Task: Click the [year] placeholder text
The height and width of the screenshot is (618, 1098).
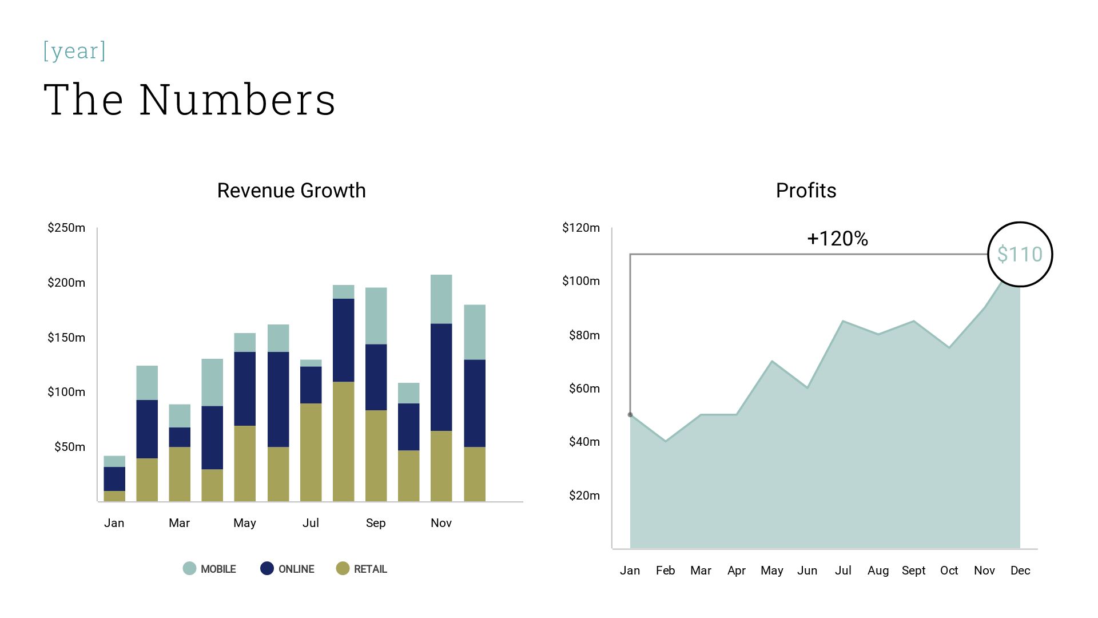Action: [x=74, y=51]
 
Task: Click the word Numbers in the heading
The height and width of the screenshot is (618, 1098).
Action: [x=237, y=100]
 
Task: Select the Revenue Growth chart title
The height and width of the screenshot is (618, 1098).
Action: [x=291, y=191]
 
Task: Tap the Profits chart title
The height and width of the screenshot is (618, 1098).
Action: [x=806, y=191]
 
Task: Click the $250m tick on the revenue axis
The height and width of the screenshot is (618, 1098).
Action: [x=66, y=228]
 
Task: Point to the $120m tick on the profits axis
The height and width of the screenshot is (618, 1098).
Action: [x=581, y=228]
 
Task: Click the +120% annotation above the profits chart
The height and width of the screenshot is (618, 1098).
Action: [x=837, y=239]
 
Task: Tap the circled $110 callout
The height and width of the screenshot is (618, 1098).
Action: [x=1020, y=254]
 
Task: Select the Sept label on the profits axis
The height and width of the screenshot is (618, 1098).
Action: [x=913, y=571]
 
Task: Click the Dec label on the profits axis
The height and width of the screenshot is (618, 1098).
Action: [x=1020, y=571]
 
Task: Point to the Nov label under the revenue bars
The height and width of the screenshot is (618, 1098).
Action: [x=441, y=523]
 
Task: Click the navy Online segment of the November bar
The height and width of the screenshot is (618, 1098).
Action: [x=441, y=377]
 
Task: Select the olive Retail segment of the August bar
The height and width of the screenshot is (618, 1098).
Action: [x=343, y=441]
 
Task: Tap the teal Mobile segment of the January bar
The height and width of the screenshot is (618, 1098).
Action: [x=114, y=461]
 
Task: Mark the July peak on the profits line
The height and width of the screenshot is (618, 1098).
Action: [x=843, y=321]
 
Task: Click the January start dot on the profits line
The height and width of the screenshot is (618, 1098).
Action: [x=630, y=414]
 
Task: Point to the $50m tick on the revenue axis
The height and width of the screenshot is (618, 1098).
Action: [x=70, y=447]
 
